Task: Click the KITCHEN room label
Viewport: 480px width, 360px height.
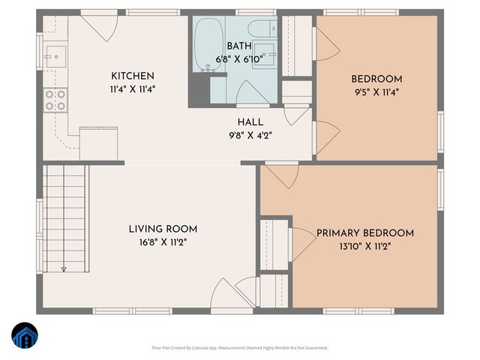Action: (133, 76)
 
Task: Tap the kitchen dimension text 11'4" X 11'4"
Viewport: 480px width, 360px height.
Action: (133, 88)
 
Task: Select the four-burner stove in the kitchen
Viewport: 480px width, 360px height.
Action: (55, 100)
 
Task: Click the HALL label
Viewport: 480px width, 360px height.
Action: (250, 122)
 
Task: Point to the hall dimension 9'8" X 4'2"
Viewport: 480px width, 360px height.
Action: (250, 136)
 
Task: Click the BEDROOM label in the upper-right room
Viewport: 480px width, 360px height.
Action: (376, 79)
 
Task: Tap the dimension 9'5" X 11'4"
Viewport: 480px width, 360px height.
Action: (376, 92)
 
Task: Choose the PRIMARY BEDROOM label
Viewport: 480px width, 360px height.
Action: (364, 233)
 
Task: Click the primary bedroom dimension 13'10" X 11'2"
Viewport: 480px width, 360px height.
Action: (364, 246)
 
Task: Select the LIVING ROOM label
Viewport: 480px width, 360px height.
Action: (163, 229)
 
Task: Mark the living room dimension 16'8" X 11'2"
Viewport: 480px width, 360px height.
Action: (163, 242)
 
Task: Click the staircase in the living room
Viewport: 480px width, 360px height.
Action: (64, 217)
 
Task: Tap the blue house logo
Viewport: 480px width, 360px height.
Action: (24, 336)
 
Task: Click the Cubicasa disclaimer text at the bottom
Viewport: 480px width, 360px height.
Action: (239, 348)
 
